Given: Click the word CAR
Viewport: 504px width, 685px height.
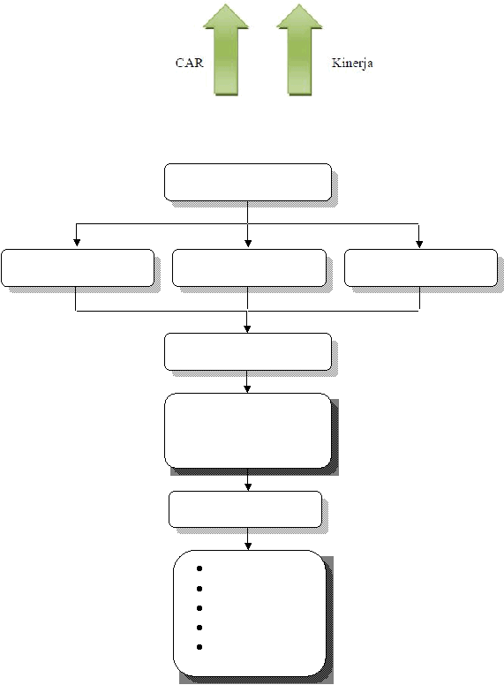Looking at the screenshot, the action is tap(190, 63).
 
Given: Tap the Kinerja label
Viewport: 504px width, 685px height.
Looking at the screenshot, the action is tap(352, 64).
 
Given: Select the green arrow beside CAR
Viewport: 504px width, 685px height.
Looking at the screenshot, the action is tap(226, 49).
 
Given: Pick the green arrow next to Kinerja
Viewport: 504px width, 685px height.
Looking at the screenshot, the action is tap(299, 49).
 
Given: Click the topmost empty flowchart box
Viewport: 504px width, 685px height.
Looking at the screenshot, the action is tap(248, 182).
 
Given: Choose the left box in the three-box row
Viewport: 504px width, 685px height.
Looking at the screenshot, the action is tap(78, 267).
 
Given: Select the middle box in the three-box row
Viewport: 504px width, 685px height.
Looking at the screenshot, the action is tap(249, 267).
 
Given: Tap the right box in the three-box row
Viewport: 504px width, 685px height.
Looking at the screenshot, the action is tap(420, 267).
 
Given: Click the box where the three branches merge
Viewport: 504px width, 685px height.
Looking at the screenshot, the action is tap(248, 351).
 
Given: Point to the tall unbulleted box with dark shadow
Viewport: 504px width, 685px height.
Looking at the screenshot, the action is tap(248, 431).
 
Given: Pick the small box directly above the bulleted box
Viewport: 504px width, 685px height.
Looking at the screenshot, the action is tap(245, 509).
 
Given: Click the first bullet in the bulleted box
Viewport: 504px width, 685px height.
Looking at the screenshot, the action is tap(199, 568).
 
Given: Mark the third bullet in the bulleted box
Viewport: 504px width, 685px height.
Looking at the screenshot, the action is tap(199, 608).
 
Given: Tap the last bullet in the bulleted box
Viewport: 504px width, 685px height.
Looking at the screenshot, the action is tap(199, 647).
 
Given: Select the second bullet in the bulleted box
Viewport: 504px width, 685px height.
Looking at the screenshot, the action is tap(199, 589).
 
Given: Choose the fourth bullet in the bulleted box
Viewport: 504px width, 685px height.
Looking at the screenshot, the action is tap(199, 628).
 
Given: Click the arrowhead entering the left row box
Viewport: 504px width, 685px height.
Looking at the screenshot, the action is tap(77, 243).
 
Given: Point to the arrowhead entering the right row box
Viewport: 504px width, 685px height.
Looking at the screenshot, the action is tap(419, 244).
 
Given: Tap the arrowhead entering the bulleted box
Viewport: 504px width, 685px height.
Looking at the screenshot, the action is tap(248, 546).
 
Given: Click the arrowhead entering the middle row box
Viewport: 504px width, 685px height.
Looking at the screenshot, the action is tap(248, 244).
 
